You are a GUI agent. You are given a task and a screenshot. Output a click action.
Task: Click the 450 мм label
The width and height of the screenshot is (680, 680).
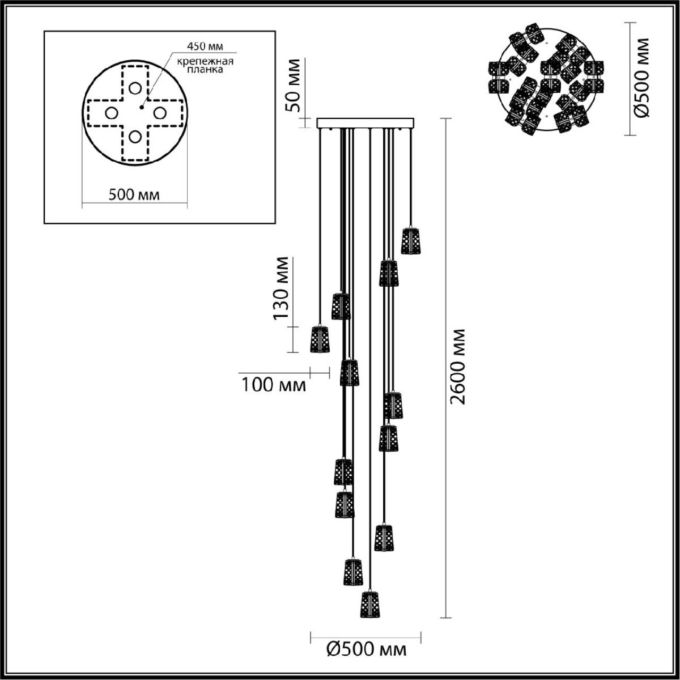pos(205,46)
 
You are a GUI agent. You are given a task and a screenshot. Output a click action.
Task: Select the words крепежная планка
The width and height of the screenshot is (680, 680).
pos(205,65)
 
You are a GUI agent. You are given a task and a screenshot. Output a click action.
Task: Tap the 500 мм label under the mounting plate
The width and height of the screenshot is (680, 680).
pos(134,194)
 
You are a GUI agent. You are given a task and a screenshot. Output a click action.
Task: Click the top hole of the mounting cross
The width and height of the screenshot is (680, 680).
pos(135,88)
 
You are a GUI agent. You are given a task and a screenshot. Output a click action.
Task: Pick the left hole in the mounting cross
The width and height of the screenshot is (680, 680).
pos(112,113)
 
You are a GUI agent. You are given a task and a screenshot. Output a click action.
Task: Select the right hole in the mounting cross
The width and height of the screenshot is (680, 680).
pos(159,113)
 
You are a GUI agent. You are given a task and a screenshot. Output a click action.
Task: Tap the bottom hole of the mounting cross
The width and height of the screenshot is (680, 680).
pos(135,136)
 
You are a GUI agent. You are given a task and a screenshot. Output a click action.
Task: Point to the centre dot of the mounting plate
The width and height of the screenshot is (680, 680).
pos(142,107)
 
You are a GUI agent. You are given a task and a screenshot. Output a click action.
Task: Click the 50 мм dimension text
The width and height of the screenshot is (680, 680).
pos(292,85)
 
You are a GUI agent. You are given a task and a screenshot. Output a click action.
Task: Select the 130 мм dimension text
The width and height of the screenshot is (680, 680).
pos(281,288)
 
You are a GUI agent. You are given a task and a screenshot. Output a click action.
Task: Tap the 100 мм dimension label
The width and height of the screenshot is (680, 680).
pos(274,385)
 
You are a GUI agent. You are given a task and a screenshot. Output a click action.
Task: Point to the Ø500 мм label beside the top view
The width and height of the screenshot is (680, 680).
pos(641,78)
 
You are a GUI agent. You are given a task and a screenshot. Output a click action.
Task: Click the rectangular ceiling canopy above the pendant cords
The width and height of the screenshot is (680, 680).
pos(365,123)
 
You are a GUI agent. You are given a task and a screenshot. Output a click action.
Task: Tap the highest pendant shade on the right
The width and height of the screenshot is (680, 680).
pos(411,240)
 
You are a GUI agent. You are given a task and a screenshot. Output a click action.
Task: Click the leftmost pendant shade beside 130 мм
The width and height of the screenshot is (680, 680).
pos(320,338)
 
